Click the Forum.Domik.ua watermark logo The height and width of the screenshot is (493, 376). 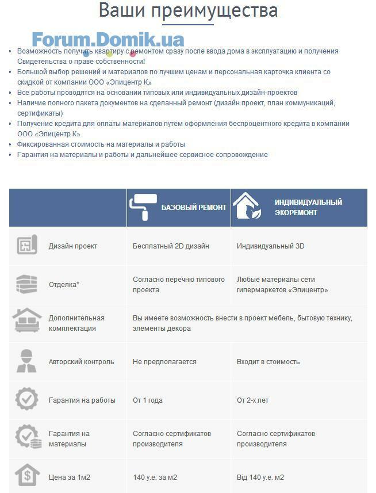point(108,40)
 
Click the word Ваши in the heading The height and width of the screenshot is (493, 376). point(120,10)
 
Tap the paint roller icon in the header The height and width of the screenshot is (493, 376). point(141,208)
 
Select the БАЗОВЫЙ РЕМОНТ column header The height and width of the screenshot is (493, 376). point(194,208)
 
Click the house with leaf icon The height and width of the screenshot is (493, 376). point(247,207)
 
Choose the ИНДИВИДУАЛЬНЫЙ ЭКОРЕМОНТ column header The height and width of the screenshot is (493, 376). point(308,207)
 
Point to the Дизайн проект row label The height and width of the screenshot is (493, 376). point(73,246)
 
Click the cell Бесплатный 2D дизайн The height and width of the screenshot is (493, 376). point(171,246)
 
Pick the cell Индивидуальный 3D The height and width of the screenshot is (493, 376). point(270,246)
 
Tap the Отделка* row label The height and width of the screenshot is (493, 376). point(64,285)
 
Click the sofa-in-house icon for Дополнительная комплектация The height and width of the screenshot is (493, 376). point(27,323)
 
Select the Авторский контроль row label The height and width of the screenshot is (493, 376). point(81,362)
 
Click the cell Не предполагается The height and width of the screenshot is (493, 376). point(164,362)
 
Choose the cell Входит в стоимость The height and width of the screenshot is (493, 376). point(268,362)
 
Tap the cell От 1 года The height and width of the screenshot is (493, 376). point(148,400)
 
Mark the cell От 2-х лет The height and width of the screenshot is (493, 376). point(252,400)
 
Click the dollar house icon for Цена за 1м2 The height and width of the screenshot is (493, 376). point(27,476)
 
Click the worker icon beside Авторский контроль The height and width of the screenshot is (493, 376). point(27,361)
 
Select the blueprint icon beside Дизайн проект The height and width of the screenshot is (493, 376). point(27,246)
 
